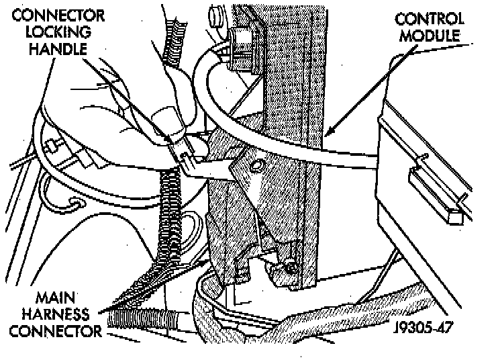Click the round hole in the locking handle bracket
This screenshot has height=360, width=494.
pos(256,165)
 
